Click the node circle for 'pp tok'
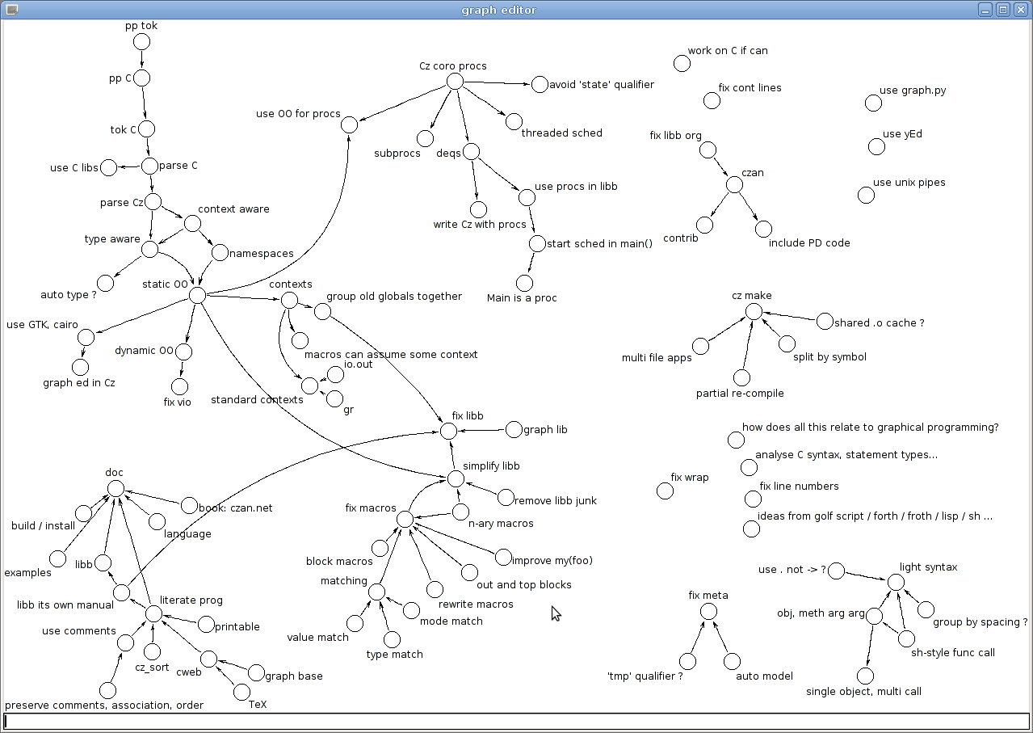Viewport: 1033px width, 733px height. [x=141, y=42]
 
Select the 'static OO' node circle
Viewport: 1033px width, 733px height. [x=197, y=296]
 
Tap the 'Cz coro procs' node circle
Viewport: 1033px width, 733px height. [x=455, y=81]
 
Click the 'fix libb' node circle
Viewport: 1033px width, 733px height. [x=448, y=431]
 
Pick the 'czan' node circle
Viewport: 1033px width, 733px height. [x=734, y=185]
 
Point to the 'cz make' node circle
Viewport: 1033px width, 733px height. [x=754, y=311]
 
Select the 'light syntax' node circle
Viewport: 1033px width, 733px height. [x=896, y=582]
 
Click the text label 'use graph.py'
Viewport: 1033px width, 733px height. [x=913, y=91]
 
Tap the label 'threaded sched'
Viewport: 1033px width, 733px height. [x=561, y=133]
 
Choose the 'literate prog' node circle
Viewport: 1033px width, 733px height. [x=153, y=614]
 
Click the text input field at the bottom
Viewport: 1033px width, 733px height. [x=516, y=721]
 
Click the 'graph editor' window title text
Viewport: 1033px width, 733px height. [x=498, y=10]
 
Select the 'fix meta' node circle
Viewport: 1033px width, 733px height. [x=708, y=611]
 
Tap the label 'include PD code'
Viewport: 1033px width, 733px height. [x=809, y=243]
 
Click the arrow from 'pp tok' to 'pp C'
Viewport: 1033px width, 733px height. [x=142, y=60]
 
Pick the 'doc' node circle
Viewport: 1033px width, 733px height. [x=115, y=488]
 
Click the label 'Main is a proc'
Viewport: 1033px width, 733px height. [x=522, y=298]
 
